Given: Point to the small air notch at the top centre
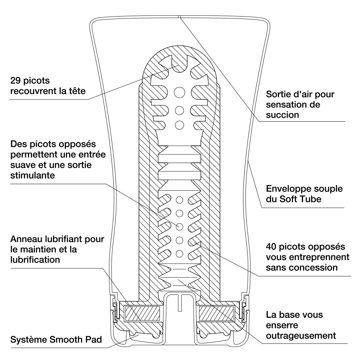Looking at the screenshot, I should point(180,17).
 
